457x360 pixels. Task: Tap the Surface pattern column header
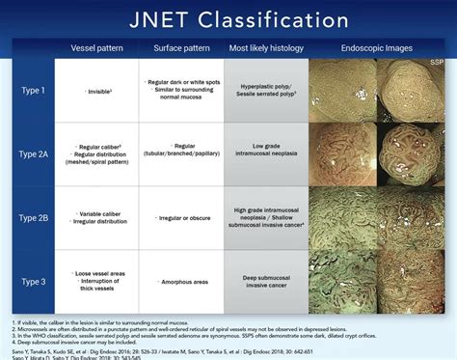click(180, 48)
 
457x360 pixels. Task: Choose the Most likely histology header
click(266, 48)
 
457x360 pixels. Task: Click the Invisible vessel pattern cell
click(96, 91)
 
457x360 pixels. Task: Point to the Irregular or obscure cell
click(180, 216)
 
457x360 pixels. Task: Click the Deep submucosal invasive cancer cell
click(266, 280)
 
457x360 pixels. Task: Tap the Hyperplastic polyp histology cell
click(266, 90)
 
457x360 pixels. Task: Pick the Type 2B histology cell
click(266, 216)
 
